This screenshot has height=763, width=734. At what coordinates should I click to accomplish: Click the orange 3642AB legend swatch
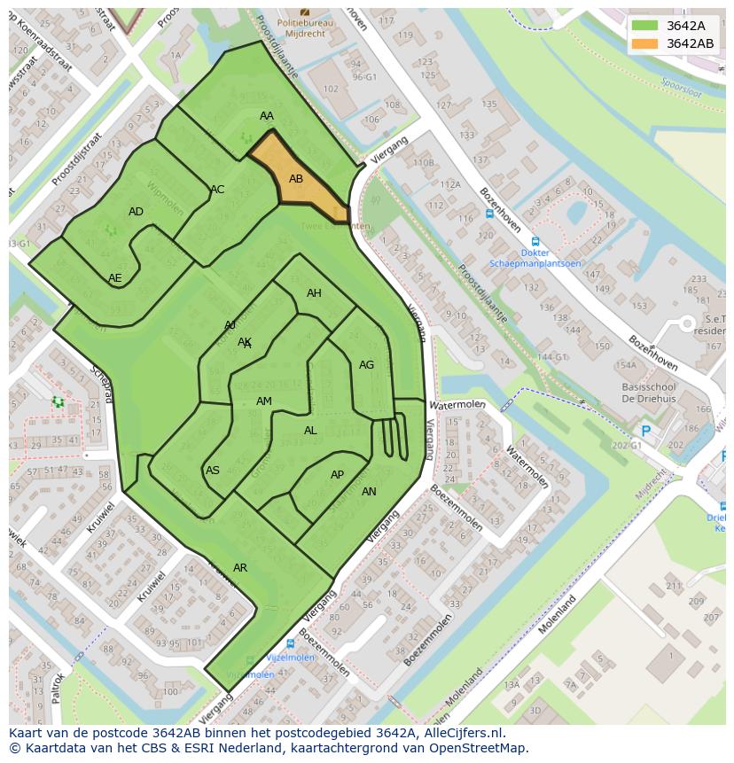point(645,43)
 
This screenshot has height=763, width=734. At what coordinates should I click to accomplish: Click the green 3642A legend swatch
point(645,25)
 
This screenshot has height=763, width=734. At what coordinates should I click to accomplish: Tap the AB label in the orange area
point(296,179)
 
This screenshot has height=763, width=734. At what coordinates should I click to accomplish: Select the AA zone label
point(267,116)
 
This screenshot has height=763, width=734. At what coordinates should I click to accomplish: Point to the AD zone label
point(136,212)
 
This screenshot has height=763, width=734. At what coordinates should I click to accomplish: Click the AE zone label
point(115,277)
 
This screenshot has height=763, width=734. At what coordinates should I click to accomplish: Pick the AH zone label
point(314,293)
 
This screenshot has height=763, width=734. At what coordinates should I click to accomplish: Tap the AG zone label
point(366,365)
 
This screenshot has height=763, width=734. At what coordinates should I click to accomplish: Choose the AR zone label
point(240,567)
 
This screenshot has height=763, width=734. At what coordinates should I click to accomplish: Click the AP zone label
point(337,475)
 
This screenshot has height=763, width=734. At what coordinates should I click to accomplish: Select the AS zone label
point(213,471)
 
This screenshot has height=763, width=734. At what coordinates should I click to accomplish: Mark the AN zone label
point(369,492)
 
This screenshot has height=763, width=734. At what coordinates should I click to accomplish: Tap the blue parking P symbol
point(645,432)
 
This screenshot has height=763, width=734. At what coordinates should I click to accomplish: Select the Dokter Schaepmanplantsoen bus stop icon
point(535,241)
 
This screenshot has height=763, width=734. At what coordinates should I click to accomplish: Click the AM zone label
point(264,401)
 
